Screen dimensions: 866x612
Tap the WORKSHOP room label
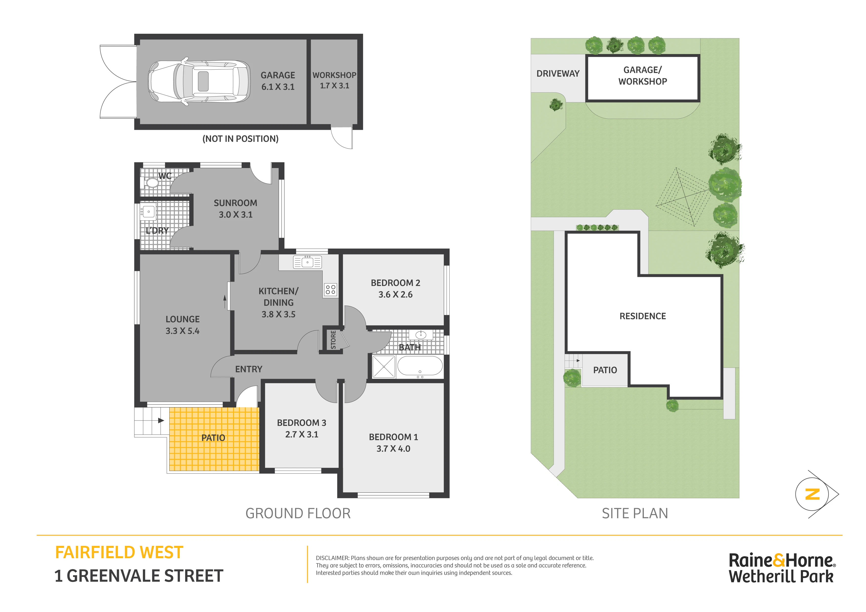click(x=334, y=75)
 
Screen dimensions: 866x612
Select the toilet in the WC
click(x=151, y=183)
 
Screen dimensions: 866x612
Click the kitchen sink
click(x=307, y=262)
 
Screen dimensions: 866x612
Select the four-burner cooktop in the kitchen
click(x=330, y=290)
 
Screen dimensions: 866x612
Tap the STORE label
click(x=333, y=339)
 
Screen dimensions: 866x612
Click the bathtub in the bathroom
click(x=420, y=365)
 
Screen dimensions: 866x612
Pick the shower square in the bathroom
click(x=384, y=366)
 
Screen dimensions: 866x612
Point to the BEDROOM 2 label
click(x=395, y=283)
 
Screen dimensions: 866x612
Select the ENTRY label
click(x=249, y=369)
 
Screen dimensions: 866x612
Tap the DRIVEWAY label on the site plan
click(x=558, y=74)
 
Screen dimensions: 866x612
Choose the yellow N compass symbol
click(x=812, y=494)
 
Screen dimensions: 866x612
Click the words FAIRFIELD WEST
click(x=119, y=553)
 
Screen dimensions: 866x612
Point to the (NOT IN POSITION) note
click(x=241, y=139)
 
